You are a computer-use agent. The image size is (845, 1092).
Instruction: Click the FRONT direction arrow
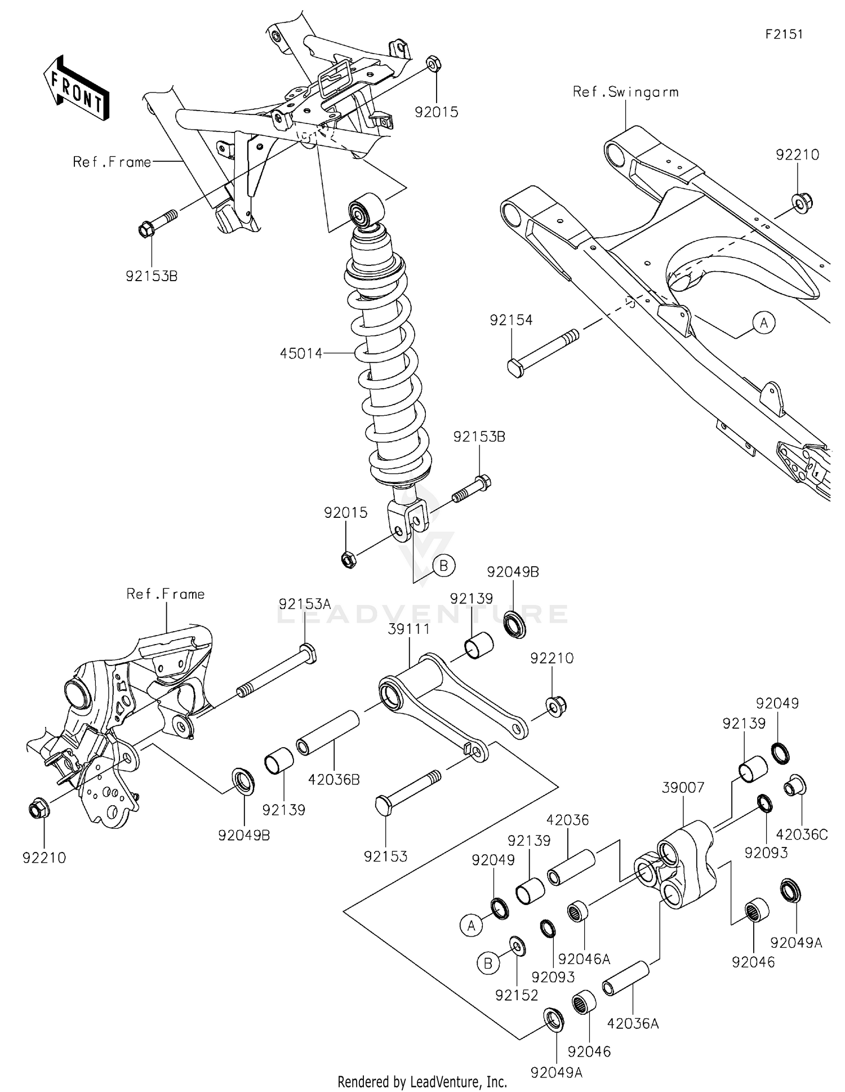(77, 88)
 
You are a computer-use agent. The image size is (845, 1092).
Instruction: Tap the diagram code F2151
(784, 34)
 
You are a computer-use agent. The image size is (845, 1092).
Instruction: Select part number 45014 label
(301, 353)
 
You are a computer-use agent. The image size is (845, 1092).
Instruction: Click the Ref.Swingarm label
(625, 92)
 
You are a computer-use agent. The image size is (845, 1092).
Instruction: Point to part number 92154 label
(511, 320)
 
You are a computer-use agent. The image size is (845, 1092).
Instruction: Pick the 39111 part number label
(409, 629)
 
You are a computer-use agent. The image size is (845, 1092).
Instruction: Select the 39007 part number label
(683, 787)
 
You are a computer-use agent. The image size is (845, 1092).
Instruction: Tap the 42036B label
(334, 780)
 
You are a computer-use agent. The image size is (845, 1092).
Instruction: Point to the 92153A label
(305, 604)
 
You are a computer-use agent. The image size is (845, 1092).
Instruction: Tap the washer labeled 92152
(517, 946)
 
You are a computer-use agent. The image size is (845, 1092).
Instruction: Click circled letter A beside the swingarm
(764, 323)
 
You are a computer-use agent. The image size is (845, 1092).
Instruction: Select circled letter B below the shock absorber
(443, 565)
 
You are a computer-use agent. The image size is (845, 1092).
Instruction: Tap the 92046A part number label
(584, 958)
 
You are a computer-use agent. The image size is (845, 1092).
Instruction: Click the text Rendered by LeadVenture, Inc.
(422, 1081)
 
